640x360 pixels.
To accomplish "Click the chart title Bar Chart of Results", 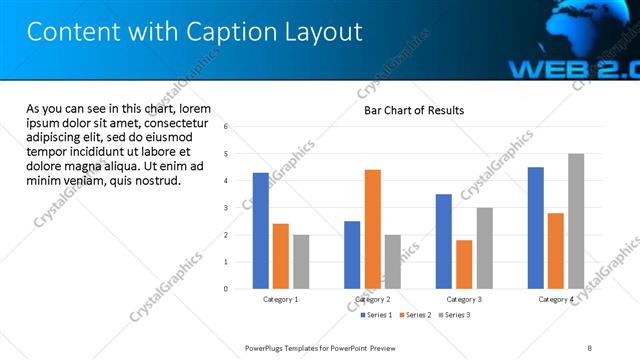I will pos(413,110).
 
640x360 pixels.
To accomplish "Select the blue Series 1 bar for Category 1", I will pos(261,231).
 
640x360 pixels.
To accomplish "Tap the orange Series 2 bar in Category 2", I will pos(372,229).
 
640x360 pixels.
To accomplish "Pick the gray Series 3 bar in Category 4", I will pos(575,221).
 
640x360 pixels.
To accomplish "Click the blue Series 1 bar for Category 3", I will pos(444,241).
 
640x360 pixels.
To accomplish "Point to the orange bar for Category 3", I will pos(464,264).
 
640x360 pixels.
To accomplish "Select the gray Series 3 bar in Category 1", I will pos(301,262).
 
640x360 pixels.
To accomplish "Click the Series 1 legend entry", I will pos(376,315).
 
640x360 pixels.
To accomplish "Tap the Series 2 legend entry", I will pos(416,315).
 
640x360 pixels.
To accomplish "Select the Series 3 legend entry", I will pos(455,315).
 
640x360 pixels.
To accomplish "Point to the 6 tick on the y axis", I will pos(226,127).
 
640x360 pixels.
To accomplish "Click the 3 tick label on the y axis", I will pos(226,208).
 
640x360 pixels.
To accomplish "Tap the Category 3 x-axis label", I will pos(464,299).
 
